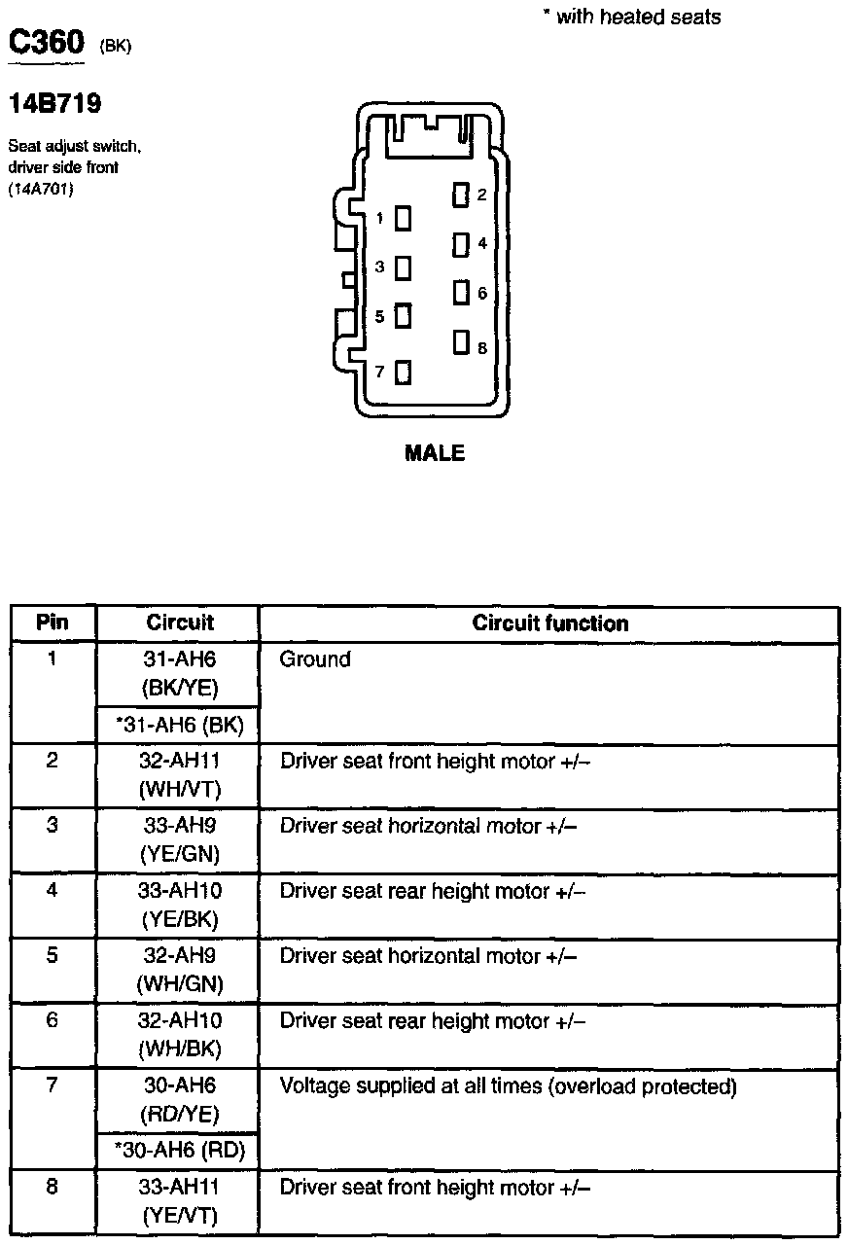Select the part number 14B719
point(55,103)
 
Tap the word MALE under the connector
point(435,452)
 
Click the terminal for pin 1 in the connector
point(402,219)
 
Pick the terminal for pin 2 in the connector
point(460,195)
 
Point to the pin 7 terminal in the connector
point(402,372)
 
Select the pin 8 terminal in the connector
point(460,343)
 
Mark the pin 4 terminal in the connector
point(460,244)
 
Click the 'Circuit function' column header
point(549,623)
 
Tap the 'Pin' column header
point(53,622)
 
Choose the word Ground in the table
point(315,659)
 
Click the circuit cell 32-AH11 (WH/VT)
point(180,775)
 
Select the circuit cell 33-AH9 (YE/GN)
point(180,840)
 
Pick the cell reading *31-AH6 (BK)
point(179,725)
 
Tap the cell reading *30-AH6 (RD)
point(179,1153)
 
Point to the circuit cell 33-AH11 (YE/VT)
point(180,1201)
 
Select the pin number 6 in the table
point(53,1020)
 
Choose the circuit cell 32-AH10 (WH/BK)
point(180,1035)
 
